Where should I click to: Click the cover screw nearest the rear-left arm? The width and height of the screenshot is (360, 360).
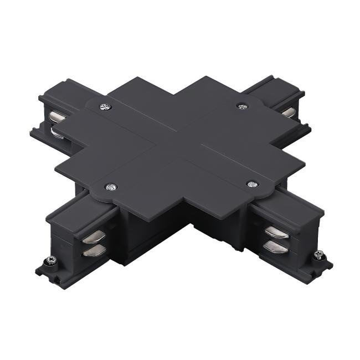103,106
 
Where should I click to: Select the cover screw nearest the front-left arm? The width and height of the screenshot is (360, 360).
112,187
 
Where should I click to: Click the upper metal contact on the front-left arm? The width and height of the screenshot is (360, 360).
91,238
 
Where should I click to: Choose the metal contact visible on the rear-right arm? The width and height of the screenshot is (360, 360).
288,112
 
